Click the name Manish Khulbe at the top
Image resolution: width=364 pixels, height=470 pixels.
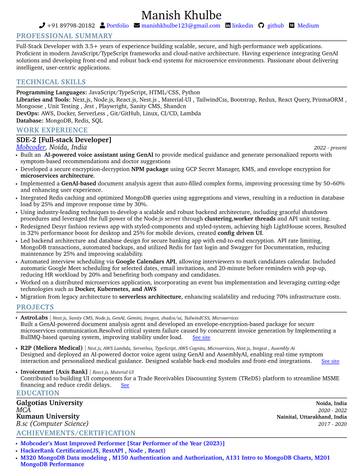click(x=181, y=15)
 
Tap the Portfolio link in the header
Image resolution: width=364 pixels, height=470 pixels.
click(x=117, y=26)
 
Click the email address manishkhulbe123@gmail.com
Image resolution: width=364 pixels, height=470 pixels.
click(x=180, y=26)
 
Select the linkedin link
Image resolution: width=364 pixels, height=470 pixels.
click(x=242, y=26)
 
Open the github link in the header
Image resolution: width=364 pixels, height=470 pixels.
click(x=275, y=26)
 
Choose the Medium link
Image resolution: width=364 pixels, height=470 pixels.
click(x=308, y=26)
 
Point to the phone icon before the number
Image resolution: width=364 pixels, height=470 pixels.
click(x=42, y=26)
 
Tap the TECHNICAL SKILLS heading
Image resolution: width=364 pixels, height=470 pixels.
click(x=51, y=82)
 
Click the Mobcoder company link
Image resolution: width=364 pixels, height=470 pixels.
click(x=31, y=147)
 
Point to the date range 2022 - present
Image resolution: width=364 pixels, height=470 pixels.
click(x=330, y=148)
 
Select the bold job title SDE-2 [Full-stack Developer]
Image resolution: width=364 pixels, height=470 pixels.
click(x=64, y=140)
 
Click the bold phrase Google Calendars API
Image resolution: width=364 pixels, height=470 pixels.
click(x=145, y=262)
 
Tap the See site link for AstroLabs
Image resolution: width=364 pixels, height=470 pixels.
click(x=201, y=338)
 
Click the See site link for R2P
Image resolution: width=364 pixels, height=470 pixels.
click(x=330, y=361)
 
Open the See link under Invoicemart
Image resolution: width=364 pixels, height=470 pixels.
click(x=125, y=385)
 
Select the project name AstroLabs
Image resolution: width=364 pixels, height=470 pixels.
click(x=34, y=318)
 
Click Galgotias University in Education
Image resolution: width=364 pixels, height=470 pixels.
click(x=49, y=403)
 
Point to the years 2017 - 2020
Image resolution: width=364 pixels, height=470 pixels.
click(x=332, y=424)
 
